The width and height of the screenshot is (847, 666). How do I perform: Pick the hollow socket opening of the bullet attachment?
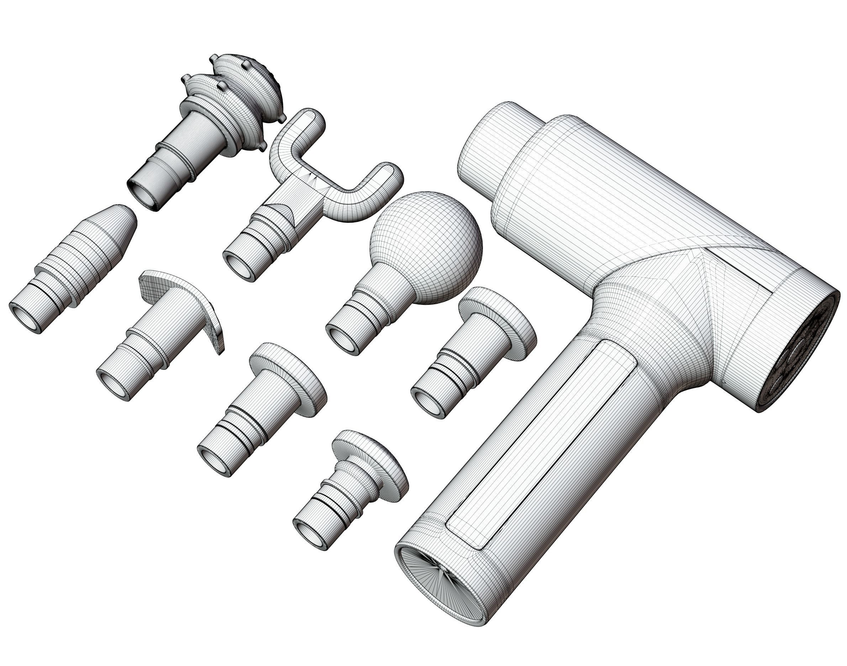24,317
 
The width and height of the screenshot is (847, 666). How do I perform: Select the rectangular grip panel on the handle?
542,444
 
